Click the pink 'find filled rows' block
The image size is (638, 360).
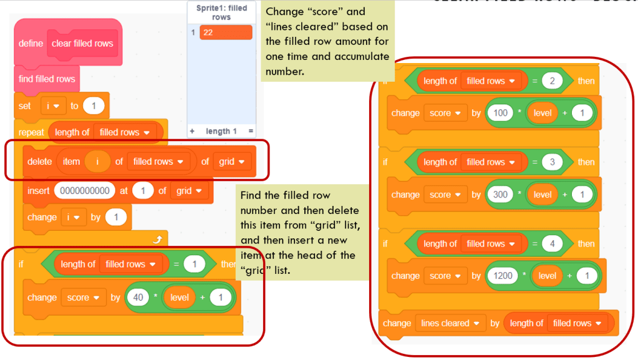47,79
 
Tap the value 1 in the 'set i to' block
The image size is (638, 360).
94,106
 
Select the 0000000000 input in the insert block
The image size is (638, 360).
85,190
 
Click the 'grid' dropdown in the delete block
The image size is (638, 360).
231,162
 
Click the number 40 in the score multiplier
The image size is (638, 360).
138,298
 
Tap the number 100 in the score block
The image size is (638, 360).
500,113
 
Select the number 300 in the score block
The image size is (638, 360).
500,195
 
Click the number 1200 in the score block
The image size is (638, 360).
502,276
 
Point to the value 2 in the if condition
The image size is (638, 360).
552,81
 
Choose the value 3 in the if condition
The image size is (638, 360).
552,162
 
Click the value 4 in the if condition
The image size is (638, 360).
552,244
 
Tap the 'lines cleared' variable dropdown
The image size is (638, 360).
448,323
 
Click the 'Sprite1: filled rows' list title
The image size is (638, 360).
221,12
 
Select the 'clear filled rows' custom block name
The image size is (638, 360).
82,44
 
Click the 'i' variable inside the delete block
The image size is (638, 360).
97,162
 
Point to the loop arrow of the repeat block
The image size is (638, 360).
157,238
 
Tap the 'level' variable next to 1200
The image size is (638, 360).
547,276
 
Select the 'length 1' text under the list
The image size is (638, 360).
221,131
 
